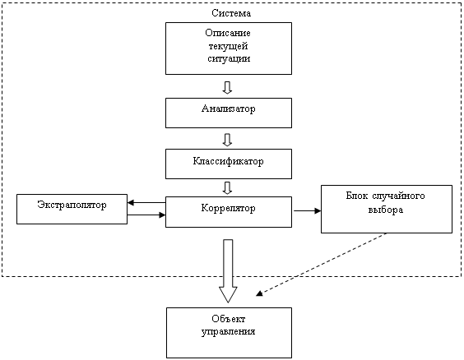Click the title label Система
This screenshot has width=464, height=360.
pyautogui.click(x=231, y=13)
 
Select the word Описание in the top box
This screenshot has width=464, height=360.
pyautogui.click(x=228, y=33)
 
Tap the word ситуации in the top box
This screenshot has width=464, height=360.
pyautogui.click(x=229, y=59)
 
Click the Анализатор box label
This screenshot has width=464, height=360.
pyautogui.click(x=228, y=108)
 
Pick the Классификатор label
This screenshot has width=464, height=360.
pyautogui.click(x=228, y=161)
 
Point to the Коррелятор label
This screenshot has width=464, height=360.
pyautogui.click(x=228, y=209)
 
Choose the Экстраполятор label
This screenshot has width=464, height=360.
pyautogui.click(x=72, y=205)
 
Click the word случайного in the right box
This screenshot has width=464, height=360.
pyautogui.click(x=398, y=196)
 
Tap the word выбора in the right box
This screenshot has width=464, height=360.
pyautogui.click(x=386, y=210)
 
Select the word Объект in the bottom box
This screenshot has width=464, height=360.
pyautogui.click(x=229, y=319)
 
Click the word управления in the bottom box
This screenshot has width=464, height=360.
pyautogui.click(x=228, y=331)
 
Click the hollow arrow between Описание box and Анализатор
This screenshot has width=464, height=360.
pyautogui.click(x=227, y=87)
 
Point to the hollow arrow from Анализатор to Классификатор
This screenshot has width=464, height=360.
pyautogui.click(x=227, y=140)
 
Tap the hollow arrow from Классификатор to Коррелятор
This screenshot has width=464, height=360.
pyautogui.click(x=227, y=188)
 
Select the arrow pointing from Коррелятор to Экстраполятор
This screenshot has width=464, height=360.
pyautogui.click(x=146, y=203)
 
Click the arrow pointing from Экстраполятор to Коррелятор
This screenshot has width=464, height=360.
pyautogui.click(x=146, y=215)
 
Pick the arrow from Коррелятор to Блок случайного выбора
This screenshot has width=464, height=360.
pyautogui.click(x=307, y=210)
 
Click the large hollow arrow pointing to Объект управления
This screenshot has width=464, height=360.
pyautogui.click(x=228, y=271)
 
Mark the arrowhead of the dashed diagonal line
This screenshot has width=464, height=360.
pyautogui.click(x=259, y=293)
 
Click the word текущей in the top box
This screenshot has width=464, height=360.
pyautogui.click(x=228, y=46)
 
